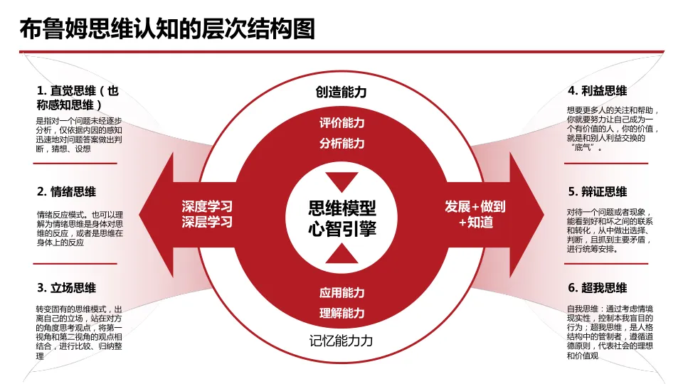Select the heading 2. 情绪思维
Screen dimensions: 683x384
coord(67,191)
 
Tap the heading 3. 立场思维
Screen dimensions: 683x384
coord(67,288)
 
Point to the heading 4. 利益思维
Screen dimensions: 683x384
coord(598,91)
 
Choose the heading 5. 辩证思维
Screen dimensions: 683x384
coord(598,191)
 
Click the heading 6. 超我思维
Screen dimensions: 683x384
coord(598,288)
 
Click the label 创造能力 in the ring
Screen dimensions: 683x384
coord(341,92)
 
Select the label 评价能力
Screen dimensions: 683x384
coord(341,122)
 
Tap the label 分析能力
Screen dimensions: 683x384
coord(341,143)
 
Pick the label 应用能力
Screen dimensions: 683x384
coord(341,292)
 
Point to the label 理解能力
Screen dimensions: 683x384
coord(341,313)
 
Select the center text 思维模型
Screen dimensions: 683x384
coord(341,208)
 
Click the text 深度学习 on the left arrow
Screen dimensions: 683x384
coord(207,206)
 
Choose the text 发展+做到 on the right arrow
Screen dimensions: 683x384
coord(475,206)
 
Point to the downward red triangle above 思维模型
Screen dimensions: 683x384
coord(341,181)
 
